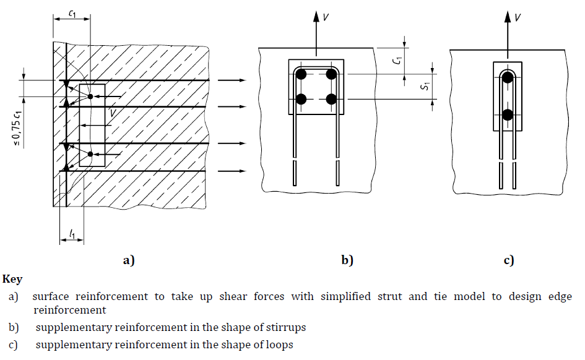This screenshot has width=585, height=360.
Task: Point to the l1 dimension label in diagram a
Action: click(x=72, y=234)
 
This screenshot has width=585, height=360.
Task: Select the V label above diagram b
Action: click(x=326, y=17)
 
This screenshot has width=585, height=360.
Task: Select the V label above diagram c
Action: click(x=518, y=17)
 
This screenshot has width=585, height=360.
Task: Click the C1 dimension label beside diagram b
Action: click(x=399, y=61)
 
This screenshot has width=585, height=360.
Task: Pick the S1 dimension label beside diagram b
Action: click(x=425, y=87)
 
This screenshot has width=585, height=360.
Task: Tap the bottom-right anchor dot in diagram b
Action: click(x=331, y=98)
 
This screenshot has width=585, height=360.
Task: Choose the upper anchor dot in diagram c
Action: click(x=508, y=77)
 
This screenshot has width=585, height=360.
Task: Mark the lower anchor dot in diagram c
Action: click(x=508, y=114)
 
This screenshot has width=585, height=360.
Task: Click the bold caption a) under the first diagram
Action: click(x=129, y=260)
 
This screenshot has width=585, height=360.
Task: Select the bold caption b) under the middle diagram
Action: click(x=347, y=260)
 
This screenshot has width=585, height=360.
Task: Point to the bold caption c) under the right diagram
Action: click(x=508, y=260)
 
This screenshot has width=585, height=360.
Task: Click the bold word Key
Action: click(x=12, y=280)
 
